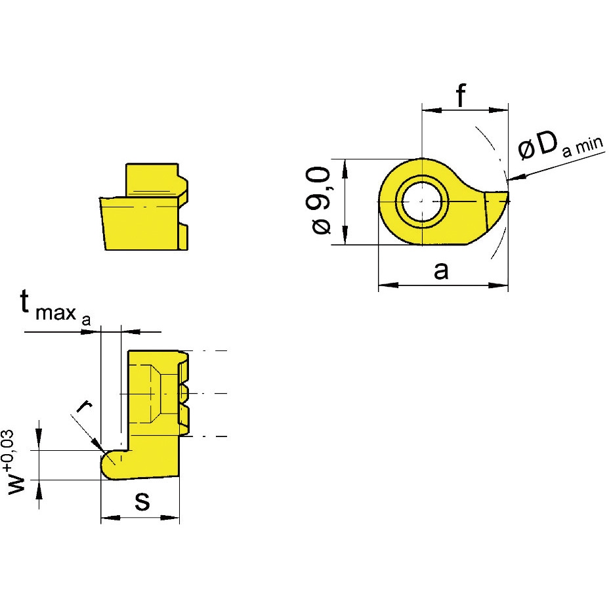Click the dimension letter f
pyautogui.click(x=461, y=96)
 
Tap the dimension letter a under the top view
pyautogui.click(x=441, y=271)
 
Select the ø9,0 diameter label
pyautogui.click(x=321, y=200)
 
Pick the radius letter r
pyautogui.click(x=84, y=406)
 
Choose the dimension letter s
pyautogui.click(x=142, y=501)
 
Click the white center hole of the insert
pyautogui.click(x=422, y=201)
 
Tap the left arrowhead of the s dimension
pyautogui.click(x=110, y=518)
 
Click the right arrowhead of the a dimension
pyautogui.click(x=498, y=285)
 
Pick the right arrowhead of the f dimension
pyautogui.click(x=498, y=110)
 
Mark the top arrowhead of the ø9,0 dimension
pyautogui.click(x=345, y=169)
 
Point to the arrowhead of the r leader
pyautogui.click(x=98, y=445)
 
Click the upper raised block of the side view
pyautogui.click(x=152, y=179)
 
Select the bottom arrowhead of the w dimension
pyautogui.click(x=39, y=490)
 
